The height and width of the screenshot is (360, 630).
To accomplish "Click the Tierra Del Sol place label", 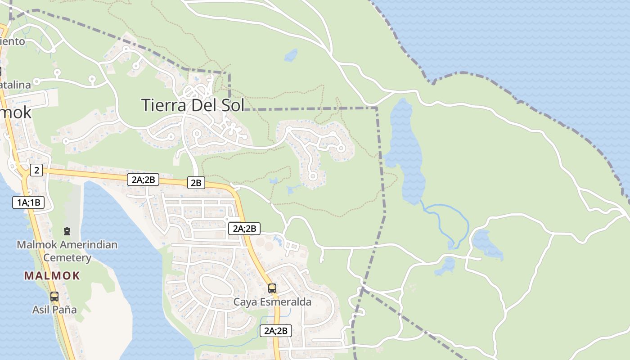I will coord(193,105).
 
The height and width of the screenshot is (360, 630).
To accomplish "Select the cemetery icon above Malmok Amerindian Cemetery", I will coord(67,232).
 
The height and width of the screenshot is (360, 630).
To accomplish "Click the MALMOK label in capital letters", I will coord(52,276).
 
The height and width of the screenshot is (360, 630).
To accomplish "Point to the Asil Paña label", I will coord(54,310).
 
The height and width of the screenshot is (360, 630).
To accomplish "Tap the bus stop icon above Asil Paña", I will coord(54,297).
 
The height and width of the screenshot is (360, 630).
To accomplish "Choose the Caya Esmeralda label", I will coord(272,301).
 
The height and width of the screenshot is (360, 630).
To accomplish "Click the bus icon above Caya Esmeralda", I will coord(272,288).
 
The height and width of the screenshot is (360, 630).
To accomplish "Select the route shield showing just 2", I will coord(36,170).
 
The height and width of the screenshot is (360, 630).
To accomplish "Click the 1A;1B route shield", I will coord(28,202).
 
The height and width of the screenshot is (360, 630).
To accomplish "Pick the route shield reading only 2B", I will coord(196,183).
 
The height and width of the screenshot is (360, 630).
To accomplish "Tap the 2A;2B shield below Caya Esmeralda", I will coord(276,331).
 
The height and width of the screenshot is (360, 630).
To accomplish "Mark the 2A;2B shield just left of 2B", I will coord(143,180).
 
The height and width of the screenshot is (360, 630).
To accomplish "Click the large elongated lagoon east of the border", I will coord(405,153).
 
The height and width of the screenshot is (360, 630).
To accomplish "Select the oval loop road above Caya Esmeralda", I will coord(216,285).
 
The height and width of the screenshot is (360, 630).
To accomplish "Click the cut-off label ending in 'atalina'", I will coord(15,85).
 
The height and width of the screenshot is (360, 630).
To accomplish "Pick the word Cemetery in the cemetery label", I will coord(67,258).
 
